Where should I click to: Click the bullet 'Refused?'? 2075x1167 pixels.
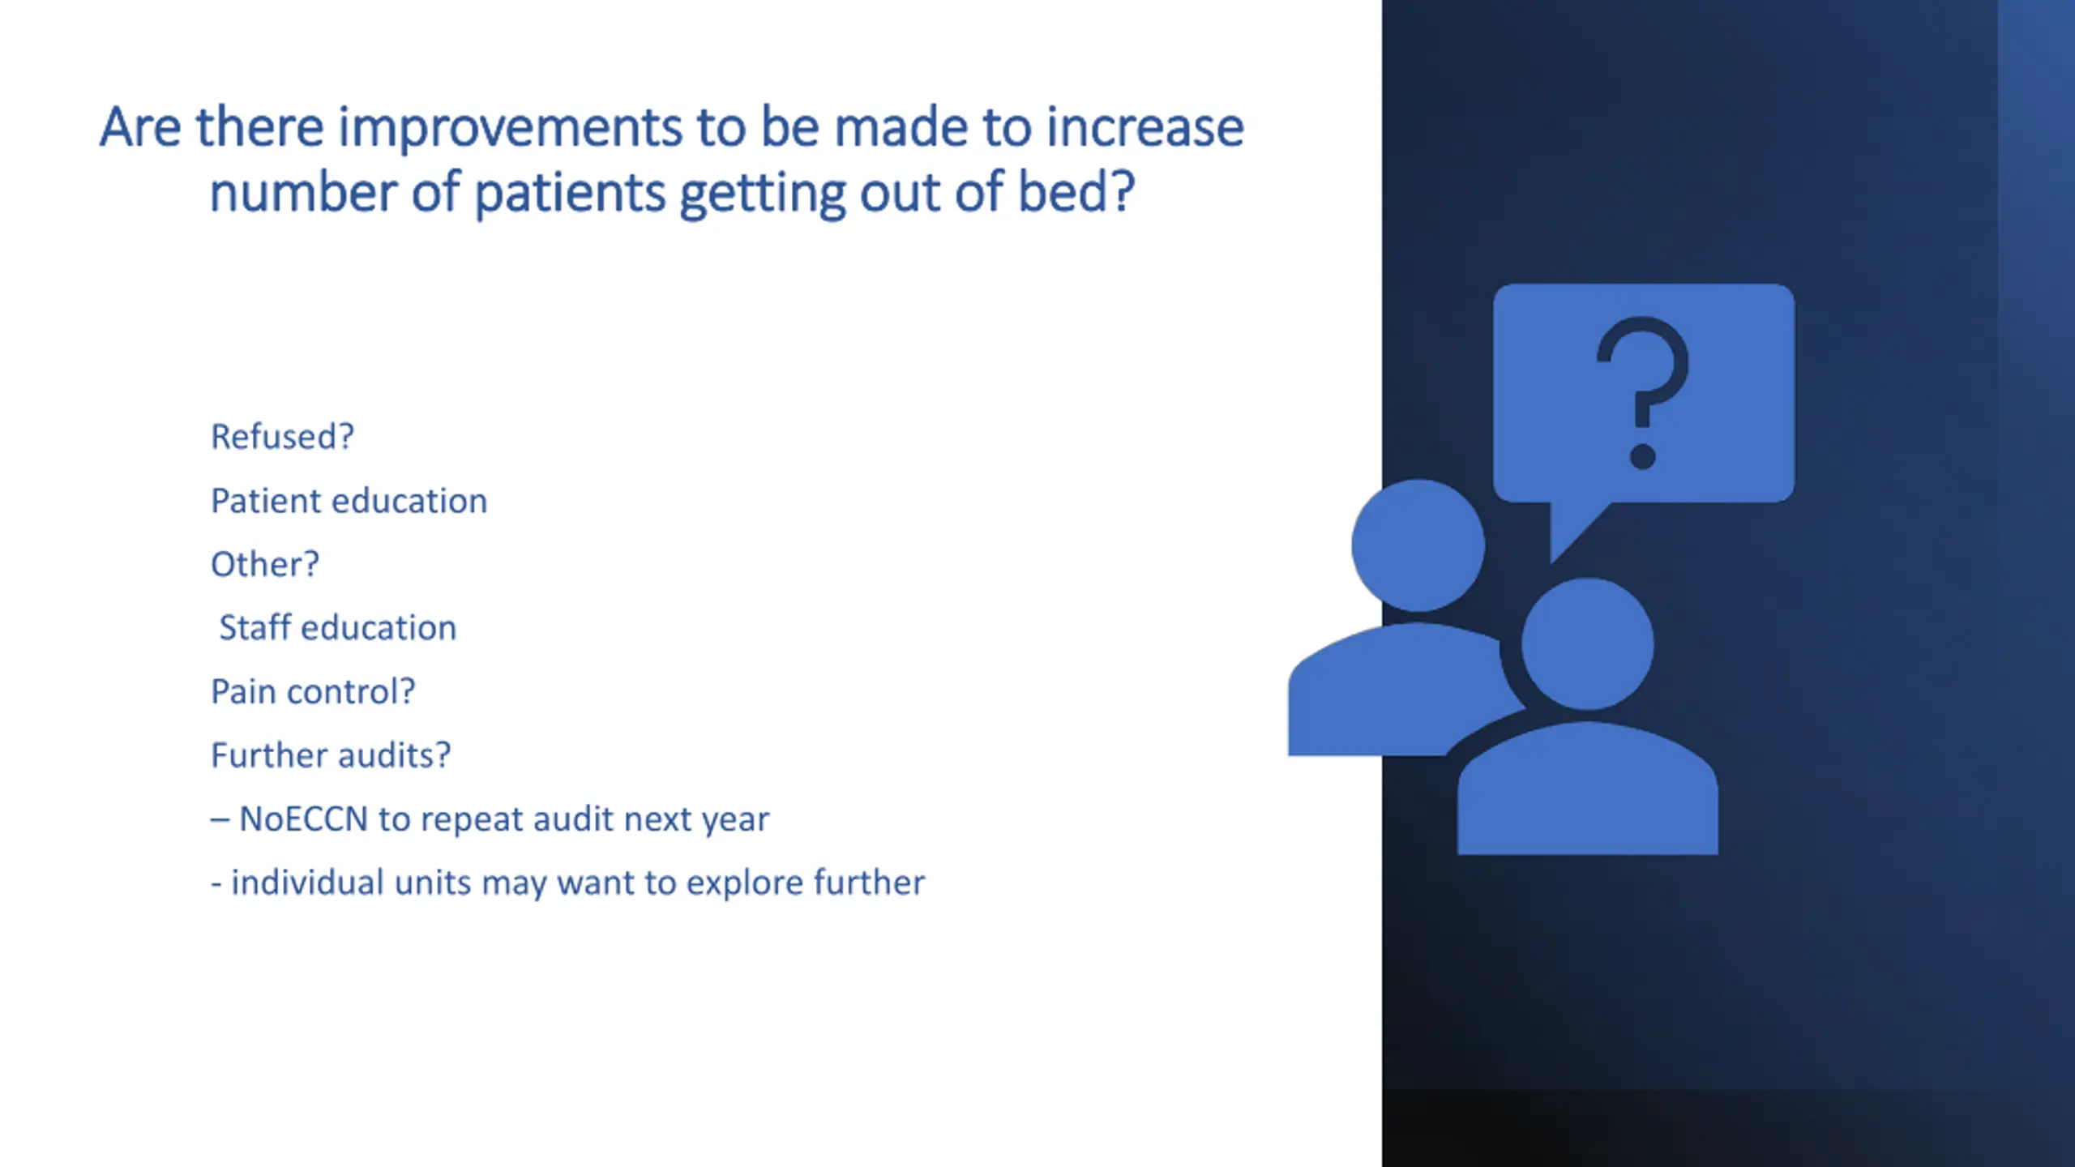click(x=282, y=437)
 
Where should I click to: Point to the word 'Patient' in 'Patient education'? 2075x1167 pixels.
click(x=260, y=501)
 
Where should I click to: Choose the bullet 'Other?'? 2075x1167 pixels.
click(x=265, y=564)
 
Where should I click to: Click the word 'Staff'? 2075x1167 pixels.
click(x=255, y=627)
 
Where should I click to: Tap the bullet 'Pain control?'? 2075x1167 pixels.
click(x=313, y=691)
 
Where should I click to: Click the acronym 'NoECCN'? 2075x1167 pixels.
click(x=304, y=819)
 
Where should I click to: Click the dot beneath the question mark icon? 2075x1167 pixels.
click(x=1643, y=456)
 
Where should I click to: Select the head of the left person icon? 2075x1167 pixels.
click(x=1418, y=545)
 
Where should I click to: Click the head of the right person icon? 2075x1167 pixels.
click(x=1587, y=644)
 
